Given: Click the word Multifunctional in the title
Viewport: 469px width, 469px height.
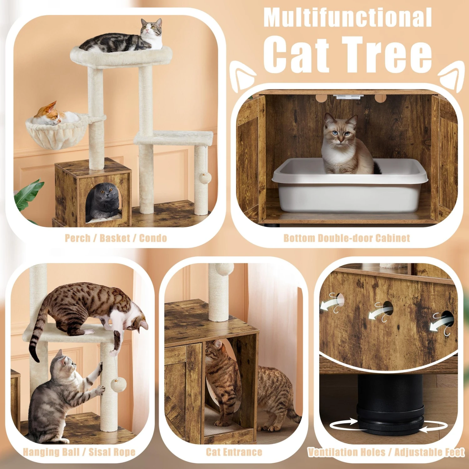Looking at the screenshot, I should click(x=347, y=18).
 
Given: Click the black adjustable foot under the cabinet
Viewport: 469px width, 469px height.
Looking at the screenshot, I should click(x=390, y=406).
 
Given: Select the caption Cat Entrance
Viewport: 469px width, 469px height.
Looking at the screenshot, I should click(x=234, y=452).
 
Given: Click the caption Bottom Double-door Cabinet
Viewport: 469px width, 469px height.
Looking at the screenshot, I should click(x=346, y=238).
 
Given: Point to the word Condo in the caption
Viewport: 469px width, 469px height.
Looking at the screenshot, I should click(x=153, y=238).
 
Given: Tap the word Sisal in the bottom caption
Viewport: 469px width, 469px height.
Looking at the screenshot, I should click(x=99, y=452).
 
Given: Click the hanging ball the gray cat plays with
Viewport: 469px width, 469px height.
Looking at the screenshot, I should click(x=119, y=384).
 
